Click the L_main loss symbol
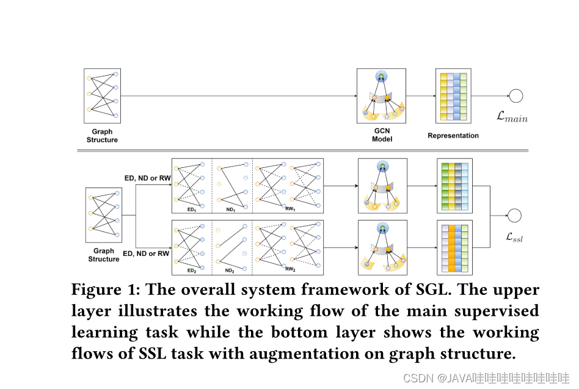(x=512, y=118)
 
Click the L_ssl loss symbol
(x=512, y=238)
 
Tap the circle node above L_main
(x=516, y=96)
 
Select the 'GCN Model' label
(x=382, y=135)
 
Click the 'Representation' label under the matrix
(x=453, y=136)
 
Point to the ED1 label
(x=191, y=209)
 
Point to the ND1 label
(x=230, y=209)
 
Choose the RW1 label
(x=289, y=209)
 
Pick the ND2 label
(x=230, y=270)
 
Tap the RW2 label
(x=289, y=269)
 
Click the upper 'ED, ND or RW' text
(x=147, y=178)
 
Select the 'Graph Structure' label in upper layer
(x=102, y=136)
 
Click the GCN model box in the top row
(x=381, y=96)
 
